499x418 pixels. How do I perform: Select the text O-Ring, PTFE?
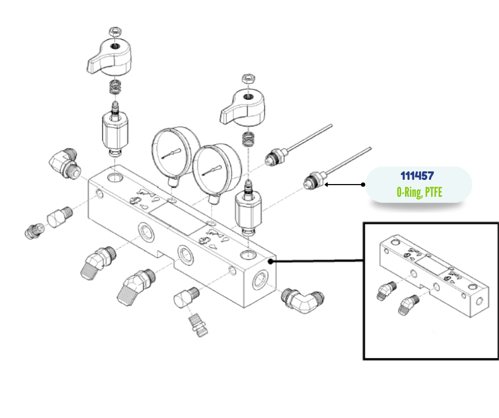(x=419, y=192)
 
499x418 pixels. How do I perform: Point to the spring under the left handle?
(x=115, y=86)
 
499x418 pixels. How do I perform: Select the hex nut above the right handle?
(x=247, y=79)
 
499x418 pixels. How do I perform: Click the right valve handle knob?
(x=242, y=107)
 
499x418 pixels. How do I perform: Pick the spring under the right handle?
(x=247, y=139)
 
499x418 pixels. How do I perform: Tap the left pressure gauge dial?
(x=171, y=152)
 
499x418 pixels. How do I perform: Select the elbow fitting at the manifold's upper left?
(x=64, y=162)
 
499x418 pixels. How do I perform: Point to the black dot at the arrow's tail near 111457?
(x=363, y=185)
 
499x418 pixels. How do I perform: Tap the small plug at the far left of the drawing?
(x=33, y=230)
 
